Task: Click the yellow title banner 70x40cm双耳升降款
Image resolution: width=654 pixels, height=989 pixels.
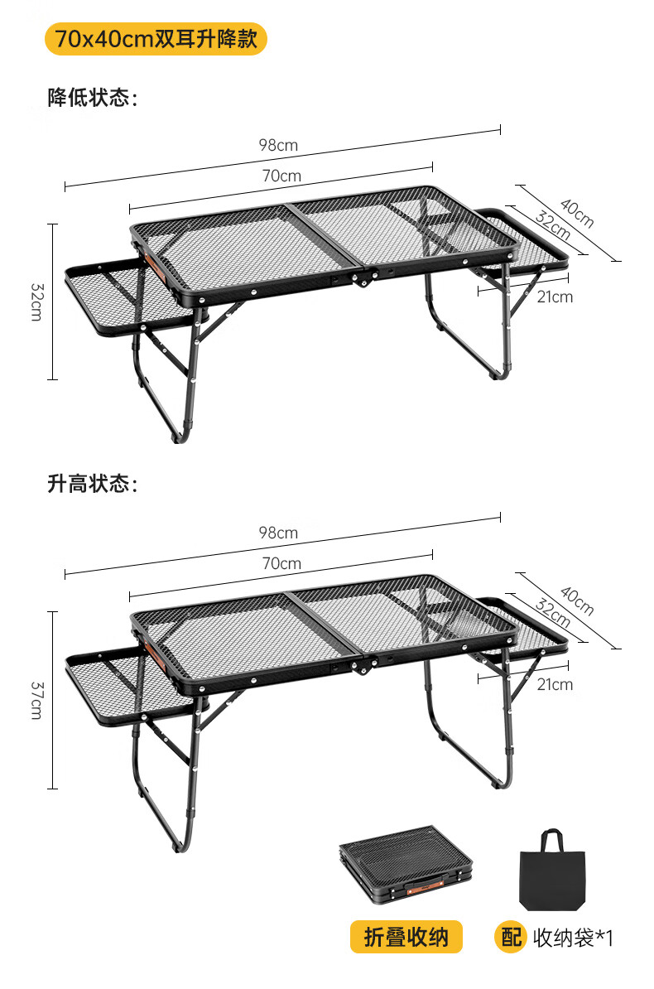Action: coord(156,39)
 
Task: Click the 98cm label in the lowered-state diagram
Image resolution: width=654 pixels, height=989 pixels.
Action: coord(278,145)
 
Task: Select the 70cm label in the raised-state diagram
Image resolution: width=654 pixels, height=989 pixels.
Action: coord(281,563)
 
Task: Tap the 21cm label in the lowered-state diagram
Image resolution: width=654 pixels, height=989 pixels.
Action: coord(555,297)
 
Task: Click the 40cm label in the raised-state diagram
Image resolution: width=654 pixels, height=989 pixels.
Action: coord(577,601)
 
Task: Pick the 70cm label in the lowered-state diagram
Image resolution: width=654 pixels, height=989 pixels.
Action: coord(281,176)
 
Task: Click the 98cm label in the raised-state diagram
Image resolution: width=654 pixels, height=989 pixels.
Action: coord(278,533)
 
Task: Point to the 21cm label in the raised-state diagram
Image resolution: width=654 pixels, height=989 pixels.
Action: coord(555,684)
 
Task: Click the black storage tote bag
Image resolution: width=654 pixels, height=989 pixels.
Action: coord(551,871)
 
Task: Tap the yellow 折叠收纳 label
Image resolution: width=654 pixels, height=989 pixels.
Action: coord(406,937)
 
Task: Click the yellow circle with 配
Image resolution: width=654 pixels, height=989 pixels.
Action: coord(510,937)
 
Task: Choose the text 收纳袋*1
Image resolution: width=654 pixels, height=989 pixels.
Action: coord(573,938)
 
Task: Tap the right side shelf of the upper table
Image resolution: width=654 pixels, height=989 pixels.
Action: coord(530,236)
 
